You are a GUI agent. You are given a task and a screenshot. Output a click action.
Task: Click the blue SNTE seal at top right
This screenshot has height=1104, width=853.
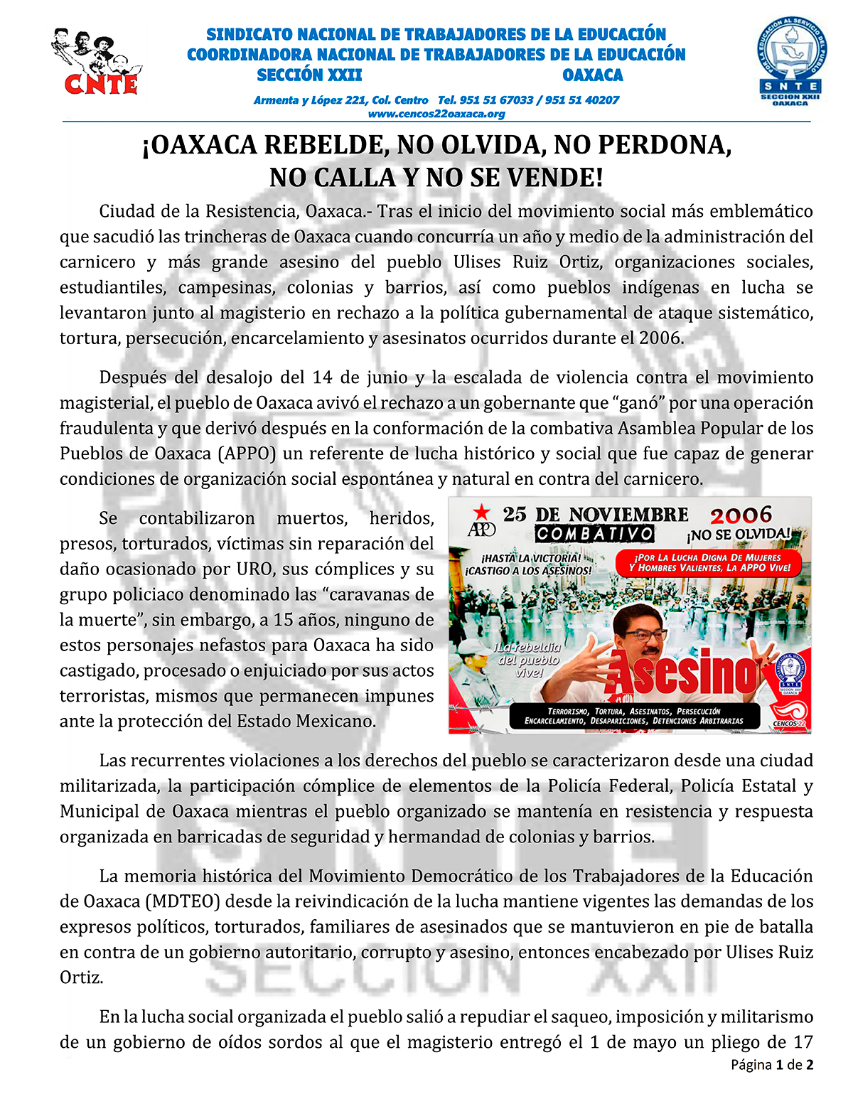pyautogui.click(x=790, y=63)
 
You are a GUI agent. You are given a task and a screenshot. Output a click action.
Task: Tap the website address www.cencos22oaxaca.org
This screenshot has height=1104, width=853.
pyautogui.click(x=436, y=114)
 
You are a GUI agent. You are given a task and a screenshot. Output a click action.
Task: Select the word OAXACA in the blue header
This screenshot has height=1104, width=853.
pyautogui.click(x=592, y=75)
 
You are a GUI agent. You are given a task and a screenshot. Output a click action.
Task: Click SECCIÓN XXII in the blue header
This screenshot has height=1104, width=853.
pyautogui.click(x=309, y=75)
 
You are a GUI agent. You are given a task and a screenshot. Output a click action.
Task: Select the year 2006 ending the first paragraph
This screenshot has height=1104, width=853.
pyautogui.click(x=661, y=338)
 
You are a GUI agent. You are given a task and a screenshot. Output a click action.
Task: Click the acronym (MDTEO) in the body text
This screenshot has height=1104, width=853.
pyautogui.click(x=183, y=901)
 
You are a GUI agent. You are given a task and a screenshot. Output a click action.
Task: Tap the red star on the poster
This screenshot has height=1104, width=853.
pyautogui.click(x=482, y=511)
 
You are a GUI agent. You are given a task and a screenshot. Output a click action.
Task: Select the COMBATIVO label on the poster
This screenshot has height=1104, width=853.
pyautogui.click(x=594, y=533)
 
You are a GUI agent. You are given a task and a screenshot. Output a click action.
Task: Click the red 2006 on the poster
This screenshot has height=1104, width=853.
pyautogui.click(x=740, y=515)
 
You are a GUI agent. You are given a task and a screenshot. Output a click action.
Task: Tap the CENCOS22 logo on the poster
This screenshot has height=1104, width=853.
pyautogui.click(x=789, y=714)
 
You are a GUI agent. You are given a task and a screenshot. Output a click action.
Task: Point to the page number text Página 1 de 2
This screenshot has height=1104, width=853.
pyautogui.click(x=772, y=1065)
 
